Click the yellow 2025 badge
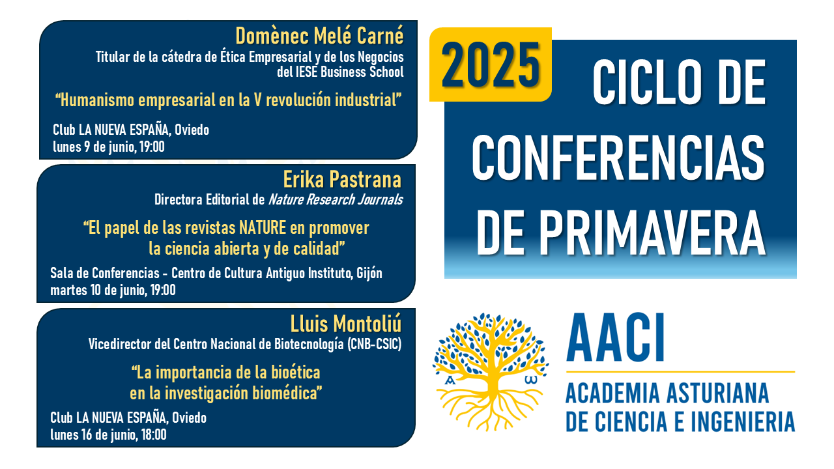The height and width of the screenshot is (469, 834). pyautogui.click(x=491, y=64)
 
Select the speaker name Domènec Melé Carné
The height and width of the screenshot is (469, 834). pyautogui.click(x=319, y=36)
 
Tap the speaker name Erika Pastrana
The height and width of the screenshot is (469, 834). pyautogui.click(x=342, y=179)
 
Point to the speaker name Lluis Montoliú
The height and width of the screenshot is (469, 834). pyautogui.click(x=346, y=324)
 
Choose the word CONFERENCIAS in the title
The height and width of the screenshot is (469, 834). pyautogui.click(x=618, y=158)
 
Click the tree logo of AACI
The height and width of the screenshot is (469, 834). pyautogui.click(x=491, y=371)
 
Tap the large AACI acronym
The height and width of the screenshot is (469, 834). pyautogui.click(x=615, y=337)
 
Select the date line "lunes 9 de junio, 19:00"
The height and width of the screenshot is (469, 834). pyautogui.click(x=109, y=147)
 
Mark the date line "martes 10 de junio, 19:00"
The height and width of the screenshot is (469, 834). pyautogui.click(x=113, y=290)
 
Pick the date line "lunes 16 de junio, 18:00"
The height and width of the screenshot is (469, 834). pyautogui.click(x=108, y=434)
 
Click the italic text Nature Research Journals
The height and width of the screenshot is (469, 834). pyautogui.click(x=336, y=200)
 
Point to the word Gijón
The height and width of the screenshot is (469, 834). pyautogui.click(x=369, y=274)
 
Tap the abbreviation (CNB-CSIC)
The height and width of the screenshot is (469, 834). pyautogui.click(x=374, y=345)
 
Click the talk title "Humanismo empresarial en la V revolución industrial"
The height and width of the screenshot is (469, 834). pyautogui.click(x=228, y=100)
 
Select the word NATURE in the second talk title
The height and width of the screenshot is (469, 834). pyautogui.click(x=263, y=228)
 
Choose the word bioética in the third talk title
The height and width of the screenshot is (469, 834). pyautogui.click(x=296, y=372)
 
